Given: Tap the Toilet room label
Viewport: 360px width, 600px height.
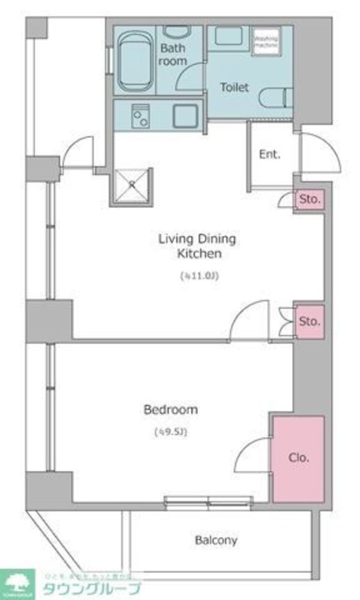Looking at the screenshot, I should (x=234, y=88).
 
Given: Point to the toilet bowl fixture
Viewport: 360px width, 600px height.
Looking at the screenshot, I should (x=277, y=96).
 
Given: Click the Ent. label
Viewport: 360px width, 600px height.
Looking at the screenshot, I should (x=269, y=154).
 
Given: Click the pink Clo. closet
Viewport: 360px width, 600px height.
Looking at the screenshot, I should (x=299, y=458).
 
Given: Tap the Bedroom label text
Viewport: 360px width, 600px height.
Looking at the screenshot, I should (x=171, y=410).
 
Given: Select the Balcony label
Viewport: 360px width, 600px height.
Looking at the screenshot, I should (x=216, y=540).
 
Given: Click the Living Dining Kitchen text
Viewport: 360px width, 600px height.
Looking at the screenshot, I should (x=197, y=246).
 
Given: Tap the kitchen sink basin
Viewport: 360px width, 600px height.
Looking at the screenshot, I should (x=185, y=115).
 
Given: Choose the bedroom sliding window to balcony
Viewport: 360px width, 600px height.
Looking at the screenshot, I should (x=208, y=502).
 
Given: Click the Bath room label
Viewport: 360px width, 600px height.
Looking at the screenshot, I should (x=173, y=54).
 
